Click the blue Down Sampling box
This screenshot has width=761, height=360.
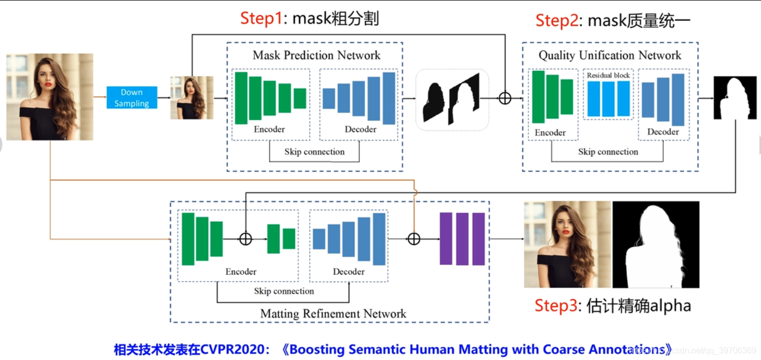point(132,98)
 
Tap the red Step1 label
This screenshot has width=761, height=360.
point(261,19)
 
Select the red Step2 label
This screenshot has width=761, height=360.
point(557,20)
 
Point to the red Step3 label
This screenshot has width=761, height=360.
point(556,305)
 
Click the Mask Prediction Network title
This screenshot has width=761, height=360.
point(316,55)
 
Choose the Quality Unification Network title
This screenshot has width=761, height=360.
point(610,55)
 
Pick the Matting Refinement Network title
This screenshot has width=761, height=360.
point(333,314)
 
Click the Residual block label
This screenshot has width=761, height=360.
point(608,75)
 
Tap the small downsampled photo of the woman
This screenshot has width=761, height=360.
point(192,98)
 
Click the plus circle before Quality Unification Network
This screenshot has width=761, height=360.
point(505,98)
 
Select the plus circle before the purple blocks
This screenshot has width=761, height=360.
point(414,239)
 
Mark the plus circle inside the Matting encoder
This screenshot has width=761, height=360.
point(245,239)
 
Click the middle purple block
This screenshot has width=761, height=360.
point(462,239)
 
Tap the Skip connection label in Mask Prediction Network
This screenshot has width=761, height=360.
point(314,152)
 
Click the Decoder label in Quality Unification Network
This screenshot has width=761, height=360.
point(663,132)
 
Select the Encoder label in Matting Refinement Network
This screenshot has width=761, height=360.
point(241,272)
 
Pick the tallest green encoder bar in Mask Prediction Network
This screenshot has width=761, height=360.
point(241,98)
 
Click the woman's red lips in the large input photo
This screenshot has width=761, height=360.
point(48,84)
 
